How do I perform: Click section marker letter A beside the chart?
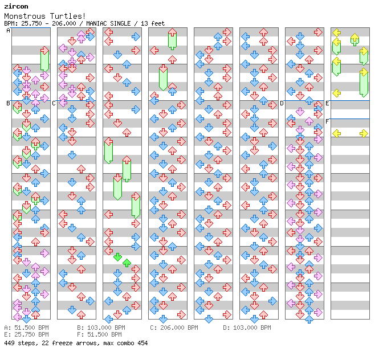point(8,31)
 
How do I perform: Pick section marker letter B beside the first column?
point(8,103)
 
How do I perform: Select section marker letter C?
point(54,103)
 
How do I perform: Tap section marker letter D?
point(282,103)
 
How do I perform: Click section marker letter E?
point(327,103)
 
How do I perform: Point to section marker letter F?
point(327,121)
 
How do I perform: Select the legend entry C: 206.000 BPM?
point(174,328)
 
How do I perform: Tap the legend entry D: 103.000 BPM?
point(247,328)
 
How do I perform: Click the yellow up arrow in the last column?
point(355,39)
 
